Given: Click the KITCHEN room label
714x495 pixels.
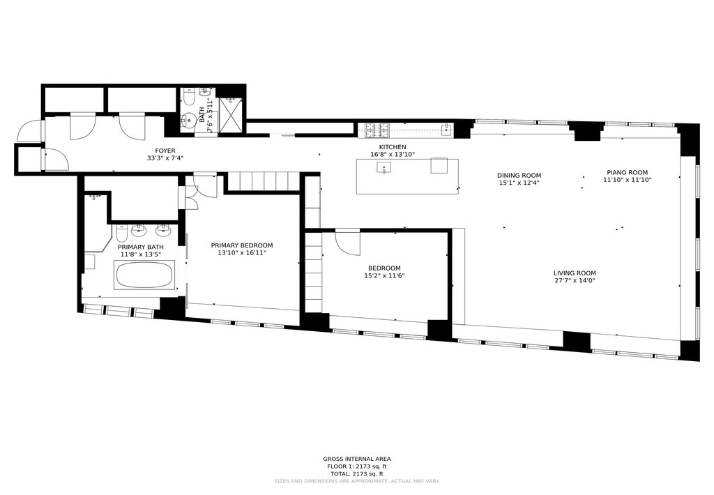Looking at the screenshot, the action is (393, 147).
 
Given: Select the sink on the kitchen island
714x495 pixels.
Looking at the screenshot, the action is (385, 168).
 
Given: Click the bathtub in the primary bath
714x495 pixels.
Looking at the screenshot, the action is (144, 275).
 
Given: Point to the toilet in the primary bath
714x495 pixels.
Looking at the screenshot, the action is (121, 233).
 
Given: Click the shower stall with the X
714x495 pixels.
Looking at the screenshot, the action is (231, 115).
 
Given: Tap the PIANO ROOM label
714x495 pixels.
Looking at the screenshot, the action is (627, 173).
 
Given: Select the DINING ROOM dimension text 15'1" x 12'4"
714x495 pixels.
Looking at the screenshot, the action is (519, 183).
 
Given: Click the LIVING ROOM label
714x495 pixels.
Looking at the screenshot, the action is (575, 273).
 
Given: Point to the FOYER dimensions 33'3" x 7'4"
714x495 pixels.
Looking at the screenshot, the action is (165, 158).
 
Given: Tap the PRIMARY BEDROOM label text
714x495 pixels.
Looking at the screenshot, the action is (242, 245).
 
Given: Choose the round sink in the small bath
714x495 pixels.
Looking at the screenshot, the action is (187, 121).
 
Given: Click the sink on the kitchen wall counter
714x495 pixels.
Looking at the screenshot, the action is (447, 130).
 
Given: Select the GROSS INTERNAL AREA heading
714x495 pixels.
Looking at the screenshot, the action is (356, 459).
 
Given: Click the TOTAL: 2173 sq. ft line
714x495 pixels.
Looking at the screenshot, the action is (356, 473).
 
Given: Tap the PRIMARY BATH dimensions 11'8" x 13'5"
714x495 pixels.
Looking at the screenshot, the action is (141, 254).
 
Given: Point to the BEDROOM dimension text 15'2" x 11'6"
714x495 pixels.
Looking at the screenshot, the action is (384, 275).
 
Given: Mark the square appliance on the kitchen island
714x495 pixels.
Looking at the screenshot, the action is (439, 166).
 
